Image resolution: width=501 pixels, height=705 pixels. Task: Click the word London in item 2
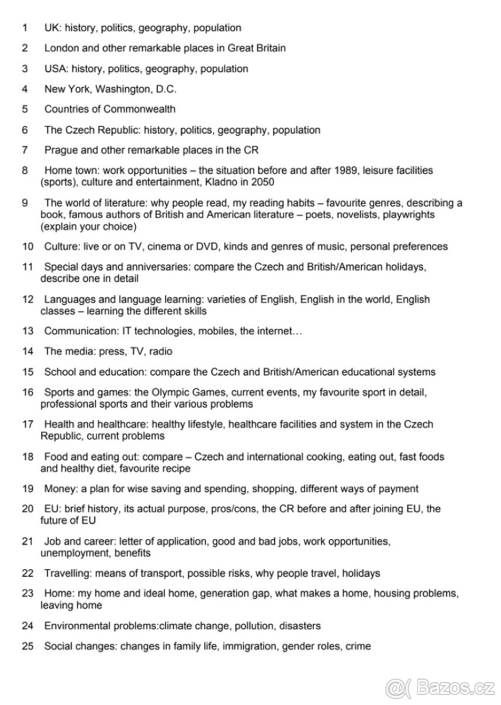[x=62, y=48]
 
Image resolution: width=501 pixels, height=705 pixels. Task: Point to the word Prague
[x=61, y=150]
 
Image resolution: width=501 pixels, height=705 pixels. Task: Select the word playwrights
[x=405, y=215]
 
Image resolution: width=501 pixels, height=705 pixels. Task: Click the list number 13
[x=28, y=331]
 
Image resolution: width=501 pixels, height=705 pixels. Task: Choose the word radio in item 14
[x=160, y=352]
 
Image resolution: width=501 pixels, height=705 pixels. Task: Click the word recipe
[x=175, y=469]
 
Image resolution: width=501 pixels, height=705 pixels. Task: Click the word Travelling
[x=67, y=573]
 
